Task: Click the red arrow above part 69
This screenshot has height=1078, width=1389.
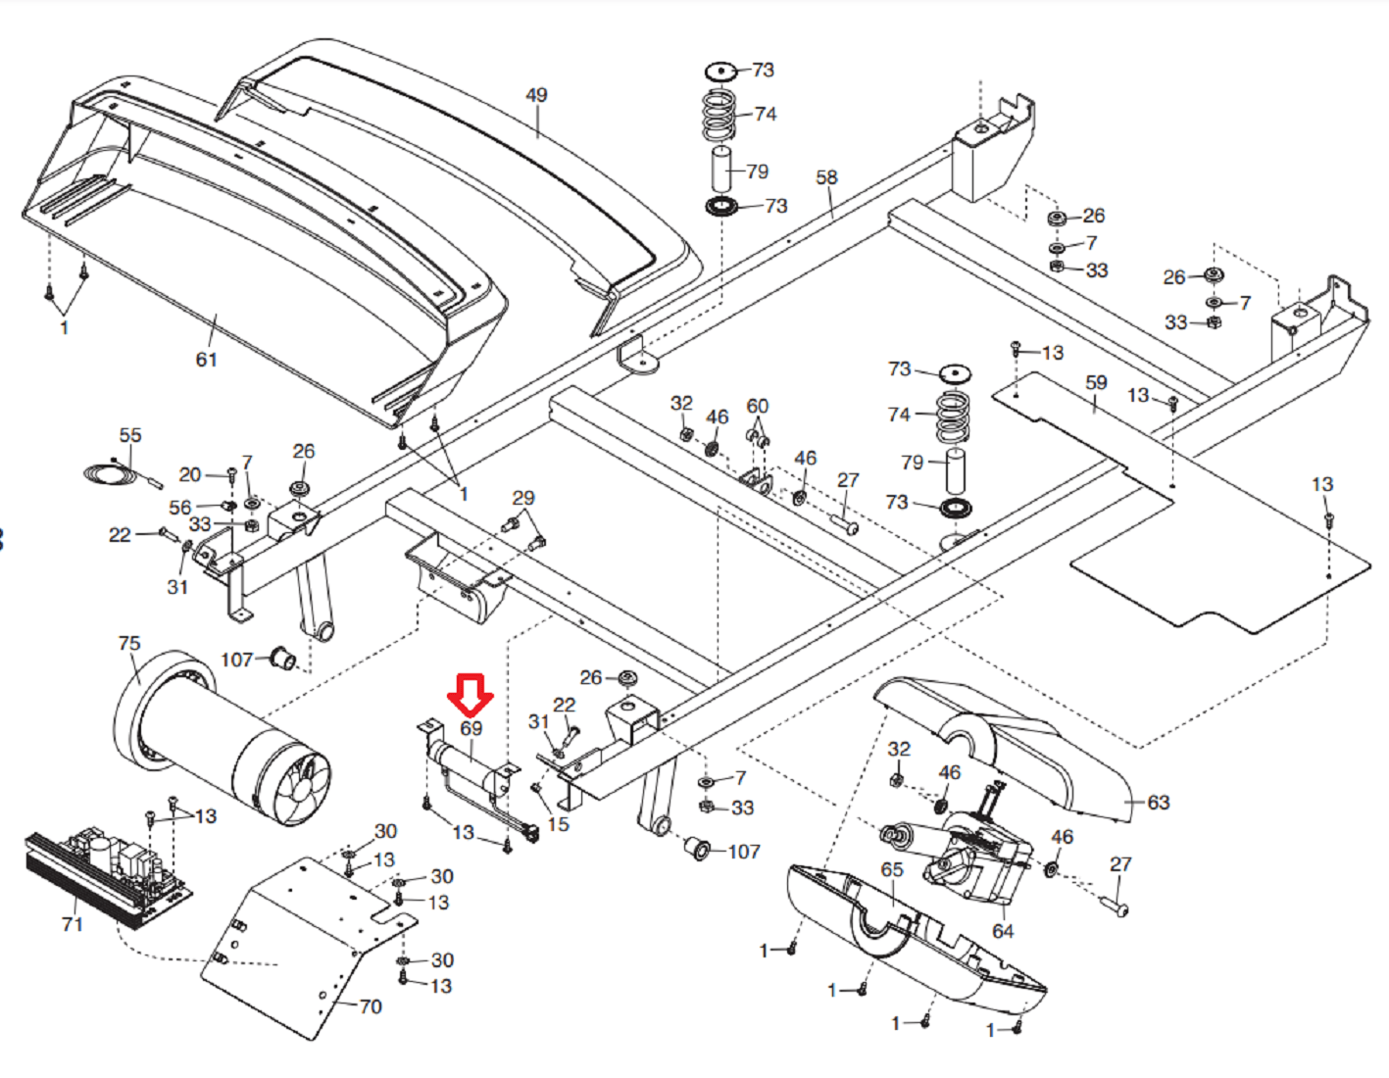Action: [471, 694]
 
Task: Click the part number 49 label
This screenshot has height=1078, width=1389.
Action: [536, 95]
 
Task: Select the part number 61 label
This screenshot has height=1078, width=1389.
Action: [206, 360]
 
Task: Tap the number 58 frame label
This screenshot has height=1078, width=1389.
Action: [826, 177]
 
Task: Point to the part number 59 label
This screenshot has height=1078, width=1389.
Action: [1096, 383]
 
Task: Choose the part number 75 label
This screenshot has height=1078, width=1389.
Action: [129, 643]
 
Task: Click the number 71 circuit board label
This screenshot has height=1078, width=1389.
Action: [72, 924]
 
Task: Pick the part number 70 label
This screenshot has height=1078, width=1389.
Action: [371, 1006]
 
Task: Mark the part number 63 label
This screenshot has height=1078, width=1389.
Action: [1159, 803]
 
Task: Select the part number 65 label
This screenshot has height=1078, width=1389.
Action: [892, 869]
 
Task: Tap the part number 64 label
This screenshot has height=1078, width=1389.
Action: [1003, 931]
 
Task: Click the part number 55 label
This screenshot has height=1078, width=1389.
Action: [130, 435]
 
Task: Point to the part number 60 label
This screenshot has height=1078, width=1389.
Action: [758, 406]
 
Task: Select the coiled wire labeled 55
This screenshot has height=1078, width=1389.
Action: [110, 473]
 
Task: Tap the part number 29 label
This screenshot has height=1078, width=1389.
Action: [523, 498]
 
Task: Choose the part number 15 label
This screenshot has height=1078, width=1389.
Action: [559, 824]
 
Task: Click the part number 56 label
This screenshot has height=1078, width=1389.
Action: [180, 507]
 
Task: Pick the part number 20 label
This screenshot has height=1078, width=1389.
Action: [190, 474]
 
